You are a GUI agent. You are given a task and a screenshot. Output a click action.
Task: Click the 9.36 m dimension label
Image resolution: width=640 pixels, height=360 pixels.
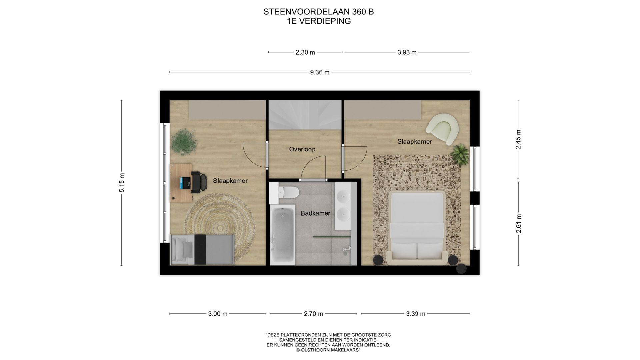[320, 72]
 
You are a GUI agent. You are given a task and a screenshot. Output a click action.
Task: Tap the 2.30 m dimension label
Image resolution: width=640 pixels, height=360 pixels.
[305, 52]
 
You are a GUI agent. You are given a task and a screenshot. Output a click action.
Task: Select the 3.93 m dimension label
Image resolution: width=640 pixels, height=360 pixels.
[407, 52]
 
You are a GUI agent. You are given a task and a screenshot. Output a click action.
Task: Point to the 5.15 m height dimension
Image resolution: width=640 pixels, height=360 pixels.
[122, 183]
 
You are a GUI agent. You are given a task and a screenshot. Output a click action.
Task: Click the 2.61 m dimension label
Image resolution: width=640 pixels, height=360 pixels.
[519, 224]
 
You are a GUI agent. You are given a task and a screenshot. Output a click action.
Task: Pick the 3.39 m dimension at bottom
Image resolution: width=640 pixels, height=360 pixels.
[415, 314]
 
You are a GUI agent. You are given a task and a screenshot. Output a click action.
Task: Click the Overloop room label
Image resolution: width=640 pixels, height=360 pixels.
[302, 149]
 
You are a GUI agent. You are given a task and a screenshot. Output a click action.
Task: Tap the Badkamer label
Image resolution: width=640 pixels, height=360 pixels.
[315, 213]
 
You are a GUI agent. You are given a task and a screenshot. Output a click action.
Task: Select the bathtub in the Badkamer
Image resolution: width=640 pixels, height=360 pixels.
[282, 235]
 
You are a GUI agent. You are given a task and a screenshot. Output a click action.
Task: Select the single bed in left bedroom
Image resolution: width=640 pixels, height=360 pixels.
[201, 249]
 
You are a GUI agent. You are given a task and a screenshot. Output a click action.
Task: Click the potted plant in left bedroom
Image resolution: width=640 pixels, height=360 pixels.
[183, 142]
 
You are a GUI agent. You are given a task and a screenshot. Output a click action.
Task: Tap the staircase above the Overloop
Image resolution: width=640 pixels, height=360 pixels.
[305, 115]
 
